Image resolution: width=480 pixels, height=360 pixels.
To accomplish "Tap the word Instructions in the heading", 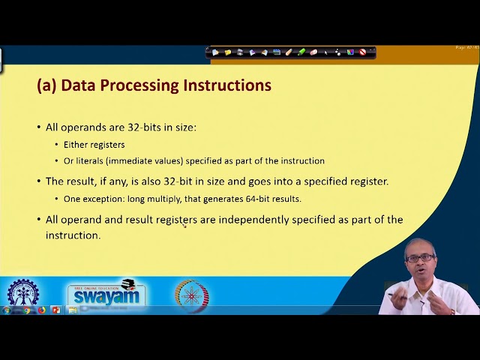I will (227, 85).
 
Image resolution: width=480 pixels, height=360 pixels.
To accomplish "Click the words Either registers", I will (94, 145).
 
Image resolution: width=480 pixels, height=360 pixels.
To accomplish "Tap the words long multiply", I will (160, 199).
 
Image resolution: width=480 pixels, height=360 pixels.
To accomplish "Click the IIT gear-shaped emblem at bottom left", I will (24, 295).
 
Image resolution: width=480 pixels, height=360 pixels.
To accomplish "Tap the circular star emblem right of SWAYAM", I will (192, 295).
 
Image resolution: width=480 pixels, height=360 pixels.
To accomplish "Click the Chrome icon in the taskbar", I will (28, 310).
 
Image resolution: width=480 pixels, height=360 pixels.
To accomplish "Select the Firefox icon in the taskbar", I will (42, 310).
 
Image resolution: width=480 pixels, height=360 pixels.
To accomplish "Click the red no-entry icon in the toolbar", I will (363, 52).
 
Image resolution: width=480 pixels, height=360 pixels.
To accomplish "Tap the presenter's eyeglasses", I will (419, 258).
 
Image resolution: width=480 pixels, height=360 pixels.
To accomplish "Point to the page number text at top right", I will (466, 48).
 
